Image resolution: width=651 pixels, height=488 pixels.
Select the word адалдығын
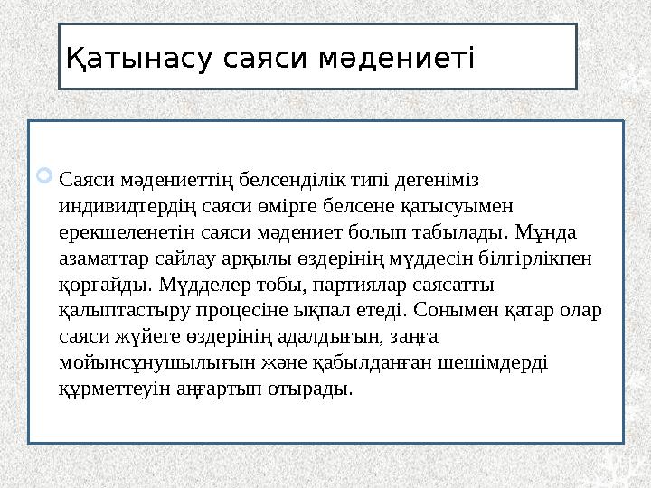pyautogui.click(x=326, y=337)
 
